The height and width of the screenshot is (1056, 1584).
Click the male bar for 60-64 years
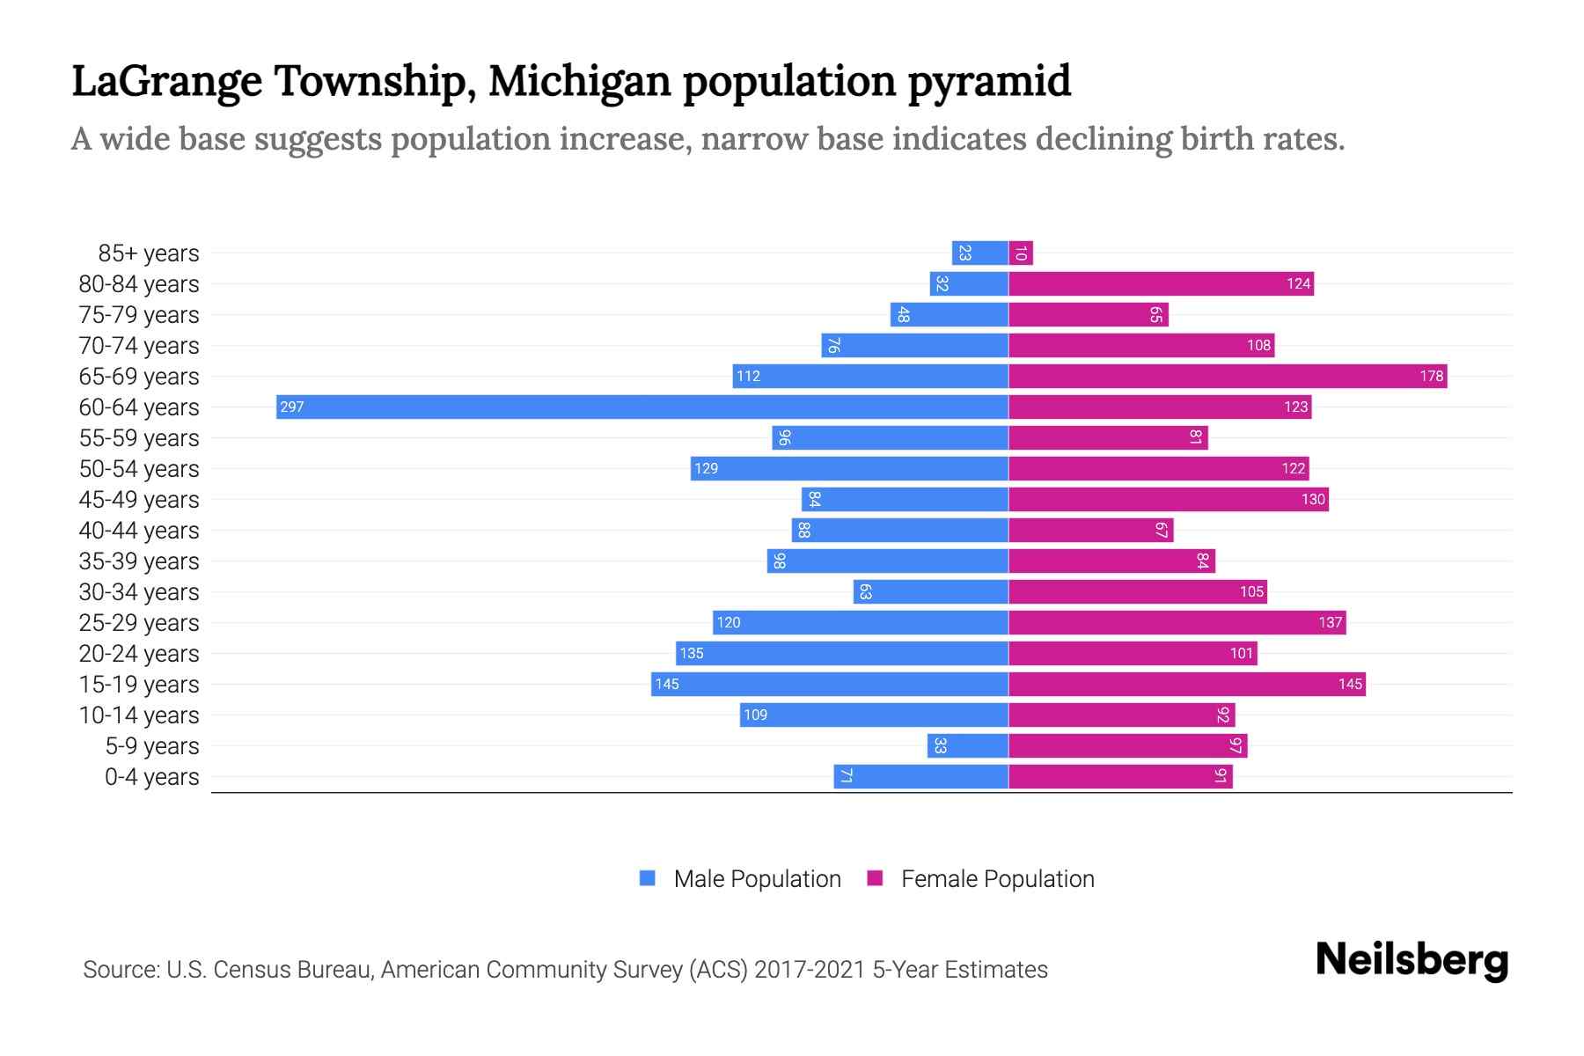click(x=642, y=407)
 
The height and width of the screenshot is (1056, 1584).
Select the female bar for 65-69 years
click(x=1228, y=376)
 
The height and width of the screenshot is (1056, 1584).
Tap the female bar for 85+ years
click(x=1021, y=253)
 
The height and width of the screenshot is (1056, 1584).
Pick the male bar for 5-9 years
click(x=967, y=745)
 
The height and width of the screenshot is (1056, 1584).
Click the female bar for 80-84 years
click(x=1161, y=283)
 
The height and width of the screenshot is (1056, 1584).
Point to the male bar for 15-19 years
click(x=830, y=684)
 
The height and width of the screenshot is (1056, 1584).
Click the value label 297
click(x=292, y=407)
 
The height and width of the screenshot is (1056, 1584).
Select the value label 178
click(x=1431, y=376)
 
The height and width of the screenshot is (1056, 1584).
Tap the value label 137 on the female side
click(x=1330, y=622)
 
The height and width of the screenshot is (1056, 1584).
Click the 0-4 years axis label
click(x=151, y=776)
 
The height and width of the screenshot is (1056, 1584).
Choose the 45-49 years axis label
click(x=139, y=499)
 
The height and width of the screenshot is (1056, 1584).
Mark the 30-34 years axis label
click(x=139, y=591)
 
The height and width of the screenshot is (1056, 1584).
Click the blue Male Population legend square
click(x=648, y=878)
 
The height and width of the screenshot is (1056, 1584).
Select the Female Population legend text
click(x=997, y=878)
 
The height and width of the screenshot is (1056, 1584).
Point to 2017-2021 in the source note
click(x=810, y=969)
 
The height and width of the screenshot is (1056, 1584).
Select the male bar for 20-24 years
click(x=842, y=653)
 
